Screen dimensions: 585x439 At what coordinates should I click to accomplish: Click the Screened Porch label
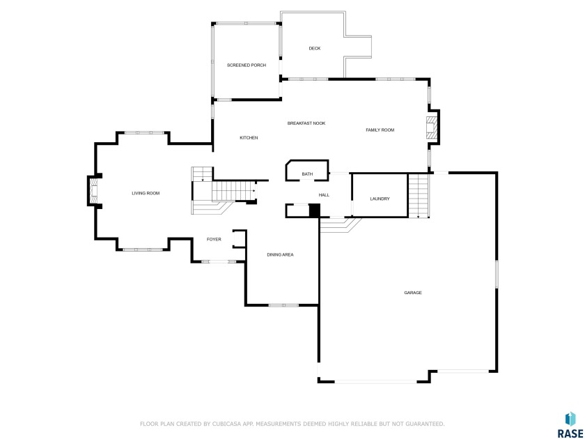click(x=247, y=66)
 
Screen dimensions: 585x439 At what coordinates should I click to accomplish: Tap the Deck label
click(x=315, y=48)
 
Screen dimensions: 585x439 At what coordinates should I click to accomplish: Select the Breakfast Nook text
click(x=306, y=123)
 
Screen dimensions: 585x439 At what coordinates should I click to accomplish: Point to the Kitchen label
click(x=249, y=138)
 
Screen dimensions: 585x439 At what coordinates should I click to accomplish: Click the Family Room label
click(x=380, y=130)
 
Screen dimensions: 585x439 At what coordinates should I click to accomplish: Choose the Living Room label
click(x=146, y=193)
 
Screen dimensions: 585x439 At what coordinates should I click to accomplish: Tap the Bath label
click(x=307, y=174)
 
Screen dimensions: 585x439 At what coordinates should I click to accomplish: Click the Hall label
click(x=324, y=195)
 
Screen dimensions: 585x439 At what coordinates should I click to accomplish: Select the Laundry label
click(x=380, y=199)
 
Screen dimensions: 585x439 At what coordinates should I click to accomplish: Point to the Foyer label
click(x=214, y=239)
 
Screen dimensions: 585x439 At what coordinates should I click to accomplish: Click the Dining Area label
click(x=280, y=254)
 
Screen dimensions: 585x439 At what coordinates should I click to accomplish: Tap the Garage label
click(x=413, y=293)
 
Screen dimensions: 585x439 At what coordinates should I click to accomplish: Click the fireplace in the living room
click(x=95, y=191)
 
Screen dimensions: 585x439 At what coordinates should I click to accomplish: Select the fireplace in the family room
click(x=431, y=128)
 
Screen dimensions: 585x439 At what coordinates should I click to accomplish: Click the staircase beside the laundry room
click(x=419, y=196)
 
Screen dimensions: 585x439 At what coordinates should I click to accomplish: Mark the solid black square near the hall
click(x=315, y=210)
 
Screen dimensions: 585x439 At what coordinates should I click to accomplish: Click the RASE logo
click(x=570, y=425)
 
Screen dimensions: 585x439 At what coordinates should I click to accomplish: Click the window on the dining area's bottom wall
click(x=284, y=305)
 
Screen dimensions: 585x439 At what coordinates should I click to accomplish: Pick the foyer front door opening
click(x=219, y=262)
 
